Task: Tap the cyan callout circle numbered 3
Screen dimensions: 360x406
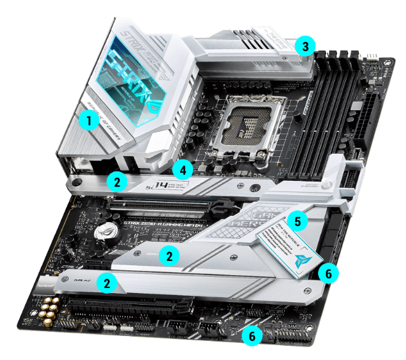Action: click(x=304, y=46)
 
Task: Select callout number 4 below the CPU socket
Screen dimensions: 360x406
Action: click(x=182, y=168)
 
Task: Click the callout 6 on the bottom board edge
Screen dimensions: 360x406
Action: click(x=250, y=335)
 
